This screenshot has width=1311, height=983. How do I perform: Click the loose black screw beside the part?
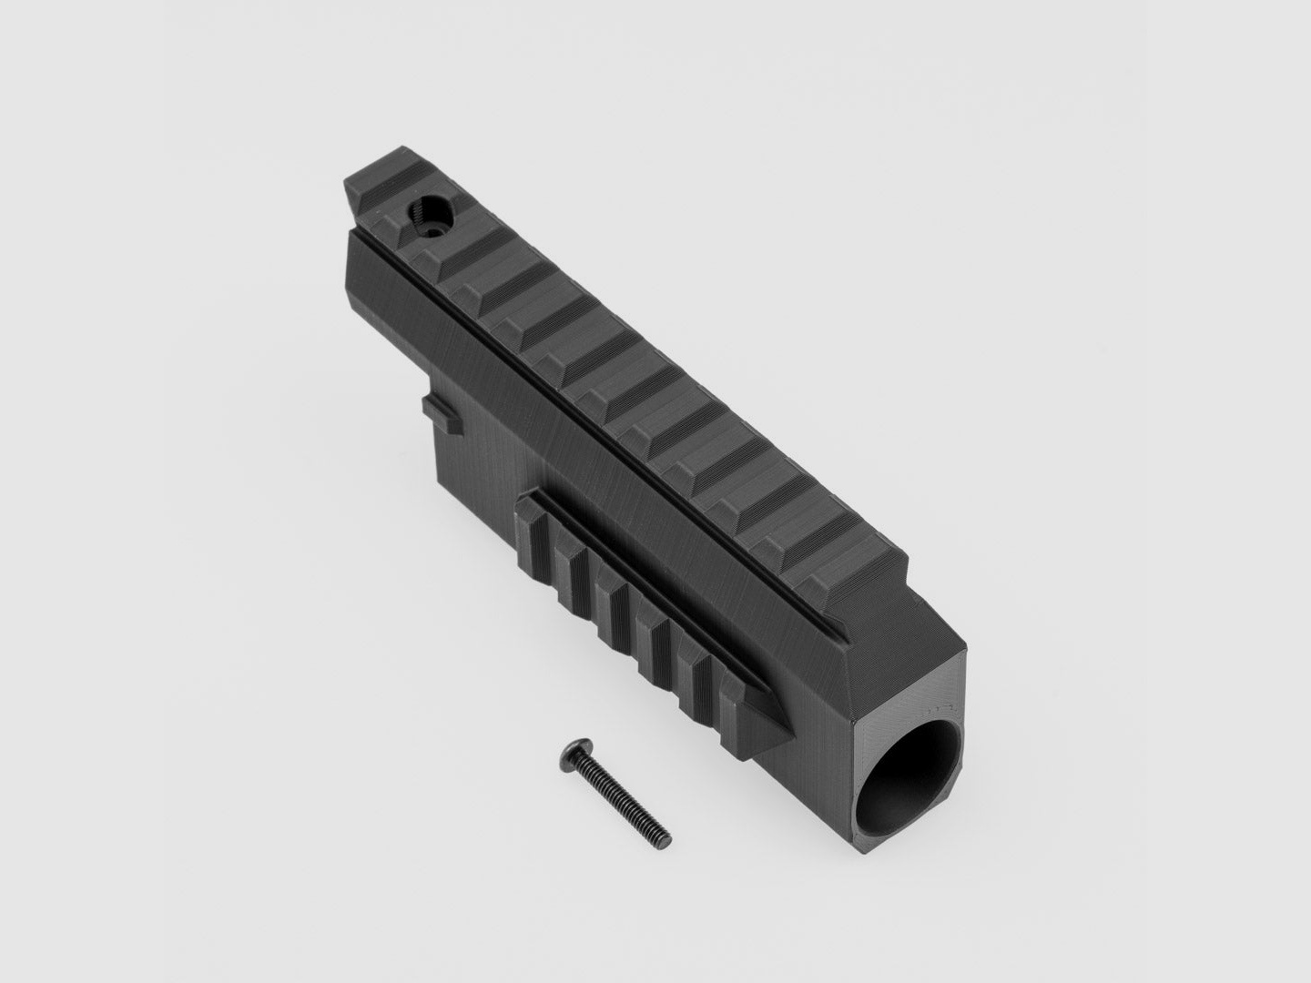pos(615,788)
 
